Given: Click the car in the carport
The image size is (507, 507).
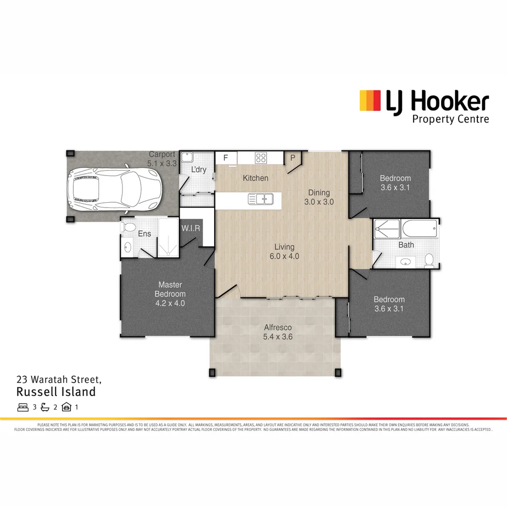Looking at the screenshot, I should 115,188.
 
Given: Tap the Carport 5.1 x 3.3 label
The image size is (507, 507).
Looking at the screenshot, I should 162,159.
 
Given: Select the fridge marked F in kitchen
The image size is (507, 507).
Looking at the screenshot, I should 226,158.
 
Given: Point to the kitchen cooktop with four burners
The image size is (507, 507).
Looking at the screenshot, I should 261,157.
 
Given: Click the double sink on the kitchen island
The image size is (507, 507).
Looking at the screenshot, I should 261,200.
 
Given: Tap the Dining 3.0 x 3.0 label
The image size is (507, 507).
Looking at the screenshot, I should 319,197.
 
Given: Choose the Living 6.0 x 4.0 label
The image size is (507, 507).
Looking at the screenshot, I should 284,252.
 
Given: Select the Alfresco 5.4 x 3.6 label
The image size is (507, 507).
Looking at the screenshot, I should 278,332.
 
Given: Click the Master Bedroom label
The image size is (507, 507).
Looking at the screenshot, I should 170,294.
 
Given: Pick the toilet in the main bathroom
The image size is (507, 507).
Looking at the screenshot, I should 429,259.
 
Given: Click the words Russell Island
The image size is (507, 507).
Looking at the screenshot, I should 56,392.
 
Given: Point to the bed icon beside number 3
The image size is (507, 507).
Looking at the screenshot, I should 23,407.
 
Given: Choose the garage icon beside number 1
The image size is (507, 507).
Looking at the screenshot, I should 66,407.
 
